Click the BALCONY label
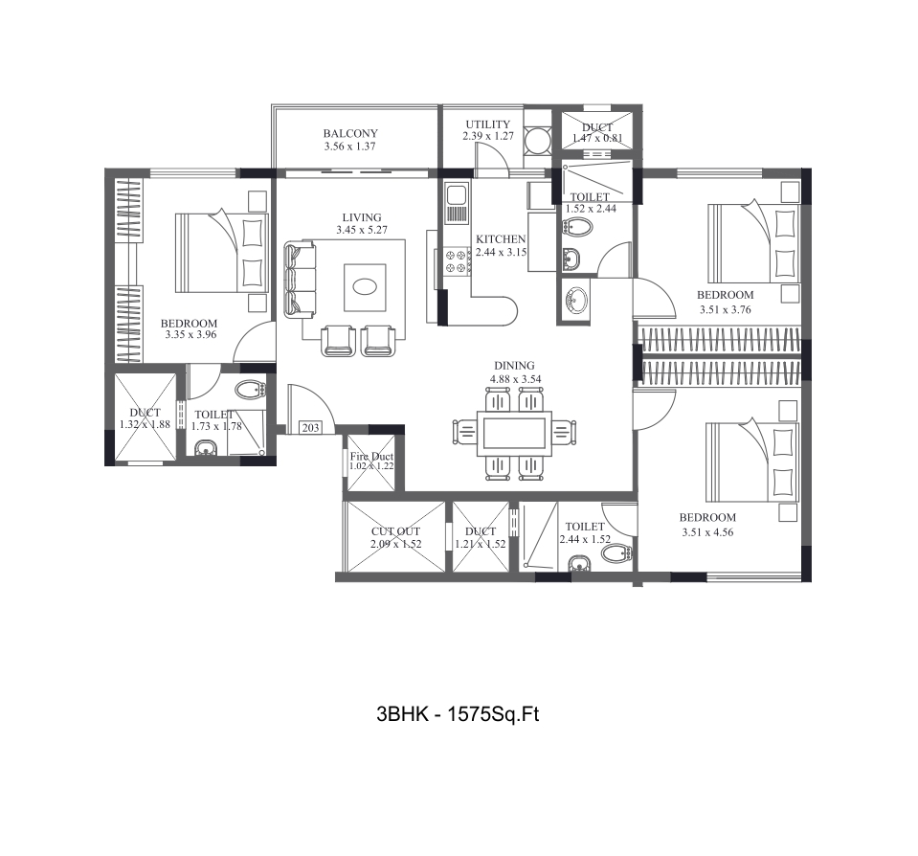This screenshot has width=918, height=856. (350, 133)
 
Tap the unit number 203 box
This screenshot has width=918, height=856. (310, 429)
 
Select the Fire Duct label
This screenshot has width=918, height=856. (370, 457)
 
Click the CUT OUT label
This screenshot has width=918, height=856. (395, 530)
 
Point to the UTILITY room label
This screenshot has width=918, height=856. (488, 124)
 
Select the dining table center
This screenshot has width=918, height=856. (514, 433)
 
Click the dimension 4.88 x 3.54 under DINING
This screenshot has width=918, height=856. (514, 379)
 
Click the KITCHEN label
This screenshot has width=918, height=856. (502, 239)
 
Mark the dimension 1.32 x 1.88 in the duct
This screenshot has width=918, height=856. (145, 425)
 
